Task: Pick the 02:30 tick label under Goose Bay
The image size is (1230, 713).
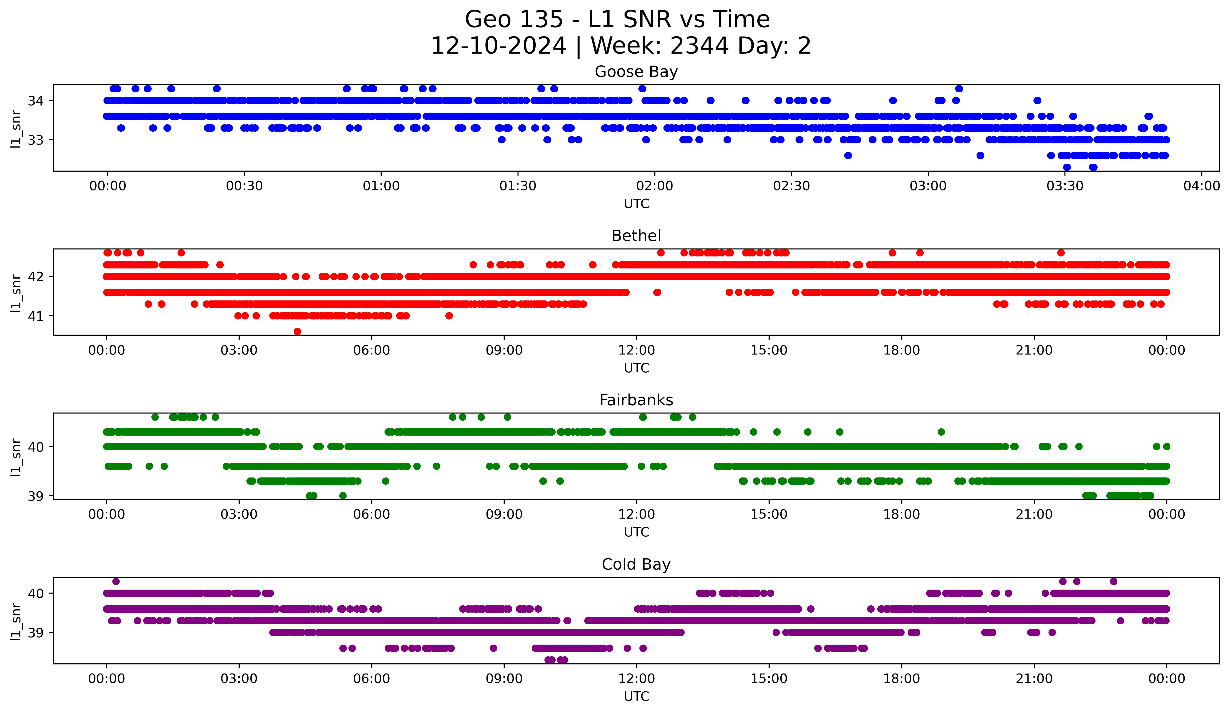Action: (x=791, y=186)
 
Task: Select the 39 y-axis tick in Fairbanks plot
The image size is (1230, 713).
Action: (x=36, y=496)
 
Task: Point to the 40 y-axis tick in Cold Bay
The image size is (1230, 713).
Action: (x=36, y=593)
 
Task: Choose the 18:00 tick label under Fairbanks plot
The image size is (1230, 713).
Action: (x=901, y=514)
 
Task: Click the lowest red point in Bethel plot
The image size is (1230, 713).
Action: (x=297, y=331)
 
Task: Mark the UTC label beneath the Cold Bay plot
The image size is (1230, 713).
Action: (x=636, y=696)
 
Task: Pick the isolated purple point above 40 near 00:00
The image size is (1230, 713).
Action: (x=116, y=581)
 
